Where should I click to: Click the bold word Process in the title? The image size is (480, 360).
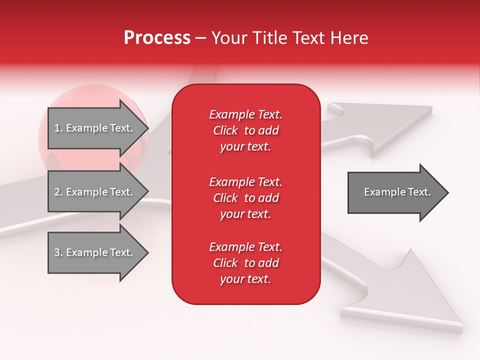pos(157,38)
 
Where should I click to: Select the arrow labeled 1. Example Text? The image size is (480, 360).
pos(95,128)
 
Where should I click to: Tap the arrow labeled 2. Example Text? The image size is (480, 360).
pos(95,192)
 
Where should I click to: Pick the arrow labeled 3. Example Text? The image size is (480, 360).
pos(95,252)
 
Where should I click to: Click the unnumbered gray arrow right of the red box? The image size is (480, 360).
pos(395,192)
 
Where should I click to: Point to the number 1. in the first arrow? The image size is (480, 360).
pos(58,128)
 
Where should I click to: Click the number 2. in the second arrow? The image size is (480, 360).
pos(58,192)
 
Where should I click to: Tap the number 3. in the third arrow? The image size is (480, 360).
pos(58,252)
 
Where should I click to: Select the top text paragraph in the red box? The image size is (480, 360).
pos(245,130)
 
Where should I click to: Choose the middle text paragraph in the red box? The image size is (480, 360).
pos(245,198)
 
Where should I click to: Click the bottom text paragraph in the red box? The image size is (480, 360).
pos(245,263)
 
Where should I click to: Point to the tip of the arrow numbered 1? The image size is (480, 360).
pos(147,128)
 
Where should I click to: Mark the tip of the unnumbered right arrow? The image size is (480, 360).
pos(447,192)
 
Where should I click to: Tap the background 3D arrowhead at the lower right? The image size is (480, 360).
pos(425,295)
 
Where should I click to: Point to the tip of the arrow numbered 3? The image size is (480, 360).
pos(147,253)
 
